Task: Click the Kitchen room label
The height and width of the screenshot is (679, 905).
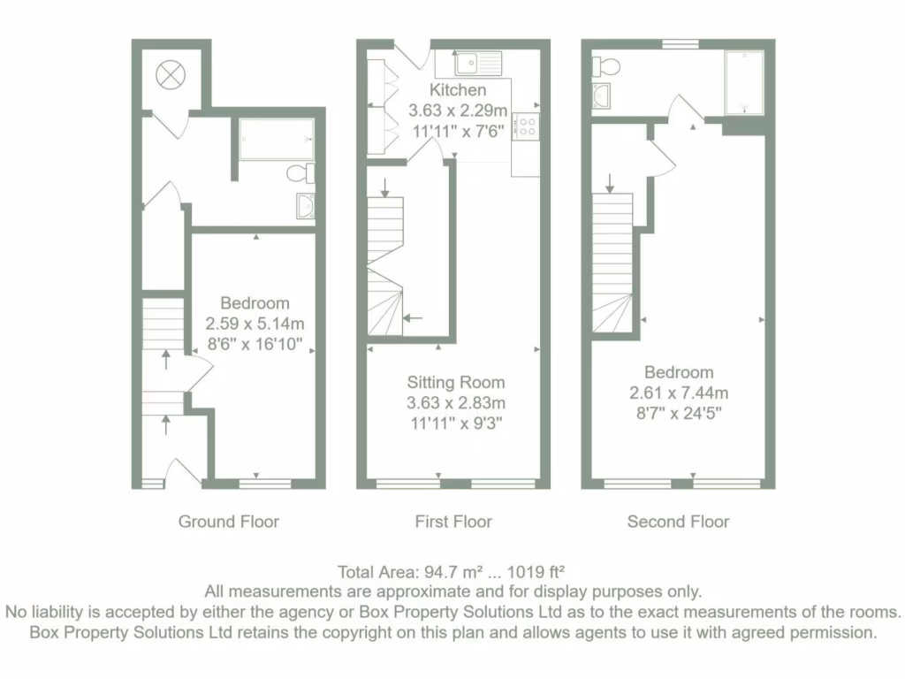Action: (458, 90)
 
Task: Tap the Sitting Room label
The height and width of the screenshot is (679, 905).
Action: (456, 383)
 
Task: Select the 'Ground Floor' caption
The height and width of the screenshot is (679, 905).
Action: (229, 522)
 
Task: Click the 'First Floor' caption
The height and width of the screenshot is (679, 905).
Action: (453, 522)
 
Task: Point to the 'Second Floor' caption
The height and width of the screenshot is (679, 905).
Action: (678, 522)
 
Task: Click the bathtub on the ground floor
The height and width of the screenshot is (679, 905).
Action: (276, 140)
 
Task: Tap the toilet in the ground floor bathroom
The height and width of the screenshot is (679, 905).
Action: (301, 173)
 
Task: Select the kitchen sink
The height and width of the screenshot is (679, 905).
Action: (478, 63)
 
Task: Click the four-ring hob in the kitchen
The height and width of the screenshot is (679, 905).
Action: (525, 126)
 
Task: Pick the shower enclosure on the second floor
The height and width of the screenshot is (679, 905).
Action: (743, 82)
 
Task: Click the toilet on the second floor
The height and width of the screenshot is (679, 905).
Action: (606, 65)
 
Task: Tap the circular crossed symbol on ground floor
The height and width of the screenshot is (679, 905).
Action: (168, 76)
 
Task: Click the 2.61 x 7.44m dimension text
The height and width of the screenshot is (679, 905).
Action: (678, 393)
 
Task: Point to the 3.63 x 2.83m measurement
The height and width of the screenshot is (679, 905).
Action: (456, 403)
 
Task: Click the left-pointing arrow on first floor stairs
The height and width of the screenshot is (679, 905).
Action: (414, 317)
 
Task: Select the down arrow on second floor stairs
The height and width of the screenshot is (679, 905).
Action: (611, 183)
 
